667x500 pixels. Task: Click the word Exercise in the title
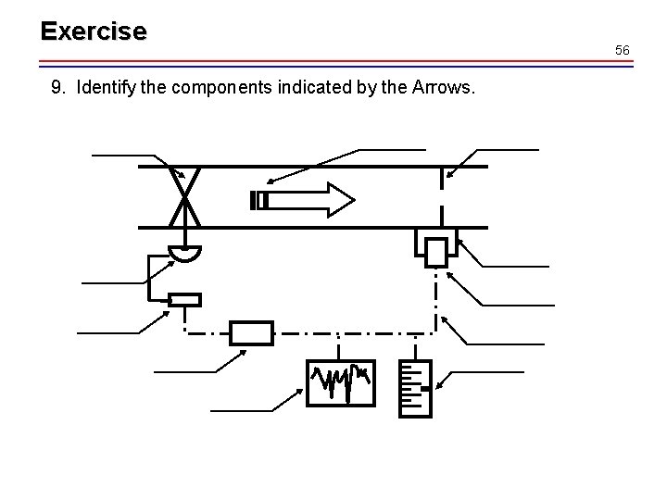(93, 31)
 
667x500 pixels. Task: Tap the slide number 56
(623, 50)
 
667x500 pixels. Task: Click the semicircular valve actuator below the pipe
(184, 252)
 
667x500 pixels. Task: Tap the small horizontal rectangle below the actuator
(184, 299)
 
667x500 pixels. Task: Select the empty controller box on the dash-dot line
(251, 333)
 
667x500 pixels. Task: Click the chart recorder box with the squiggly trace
(340, 382)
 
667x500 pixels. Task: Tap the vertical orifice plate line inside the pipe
(443, 196)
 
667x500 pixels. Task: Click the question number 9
(57, 89)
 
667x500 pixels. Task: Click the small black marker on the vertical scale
(423, 389)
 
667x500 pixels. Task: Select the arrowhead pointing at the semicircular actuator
(173, 262)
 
